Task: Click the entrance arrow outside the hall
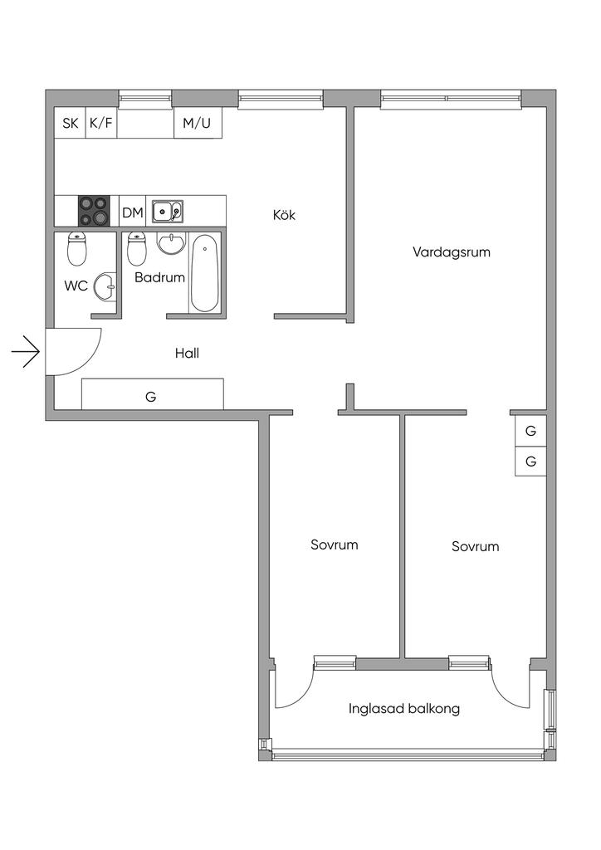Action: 26,352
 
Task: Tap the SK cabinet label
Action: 70,123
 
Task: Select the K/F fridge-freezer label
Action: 101,123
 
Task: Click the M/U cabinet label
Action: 197,123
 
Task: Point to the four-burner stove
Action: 94,211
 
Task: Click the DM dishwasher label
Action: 132,212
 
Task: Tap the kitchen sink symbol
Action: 168,211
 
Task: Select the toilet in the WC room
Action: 77,249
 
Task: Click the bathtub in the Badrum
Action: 205,272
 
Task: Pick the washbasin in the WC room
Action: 105,286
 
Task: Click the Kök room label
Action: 284,215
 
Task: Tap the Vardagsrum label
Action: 451,252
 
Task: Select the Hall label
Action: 187,354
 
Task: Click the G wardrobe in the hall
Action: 152,393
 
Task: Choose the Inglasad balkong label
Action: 403,709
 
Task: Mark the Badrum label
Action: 160,277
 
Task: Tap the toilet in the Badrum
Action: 137,249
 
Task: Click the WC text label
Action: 76,286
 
